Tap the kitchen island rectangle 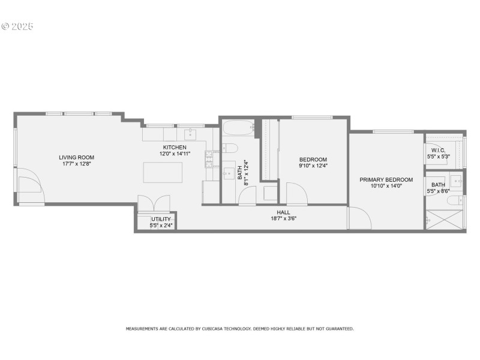(163, 172)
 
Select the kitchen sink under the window (191, 134)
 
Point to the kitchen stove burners (209, 158)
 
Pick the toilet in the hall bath (231, 148)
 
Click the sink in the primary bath (457, 180)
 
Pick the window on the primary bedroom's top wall (393, 131)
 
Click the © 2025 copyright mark (17, 26)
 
